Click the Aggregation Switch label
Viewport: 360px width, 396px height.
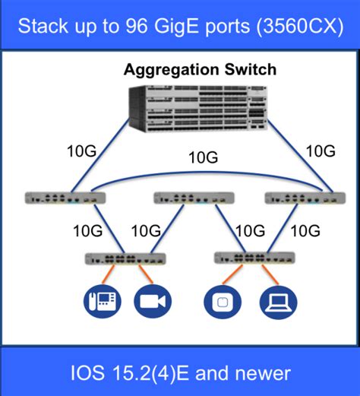pyautogui.click(x=201, y=71)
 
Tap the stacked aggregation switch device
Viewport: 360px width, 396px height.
pyautogui.click(x=199, y=108)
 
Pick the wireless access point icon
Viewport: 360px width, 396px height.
pyautogui.click(x=219, y=301)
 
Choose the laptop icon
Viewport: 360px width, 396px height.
pyautogui.click(x=273, y=301)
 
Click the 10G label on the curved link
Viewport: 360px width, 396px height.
pyautogui.click(x=202, y=159)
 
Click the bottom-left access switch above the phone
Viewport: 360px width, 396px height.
pyautogui.click(x=126, y=259)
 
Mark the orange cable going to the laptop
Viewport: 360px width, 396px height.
pyautogui.click(x=265, y=277)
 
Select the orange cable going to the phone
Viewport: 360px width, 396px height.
pyautogui.click(x=108, y=277)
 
